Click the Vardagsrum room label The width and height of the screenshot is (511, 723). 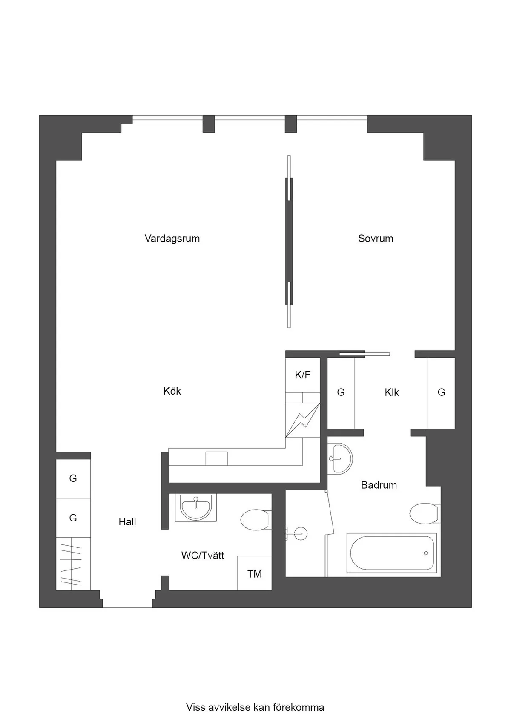coord(172,239)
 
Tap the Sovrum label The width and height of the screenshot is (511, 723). coord(376,239)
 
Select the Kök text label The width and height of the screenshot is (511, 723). coord(172,391)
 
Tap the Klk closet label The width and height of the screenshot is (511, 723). coord(392,392)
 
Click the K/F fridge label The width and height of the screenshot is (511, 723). coord(302,375)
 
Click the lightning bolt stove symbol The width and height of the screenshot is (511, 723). coord(303,420)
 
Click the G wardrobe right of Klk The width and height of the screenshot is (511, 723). coord(441,393)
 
